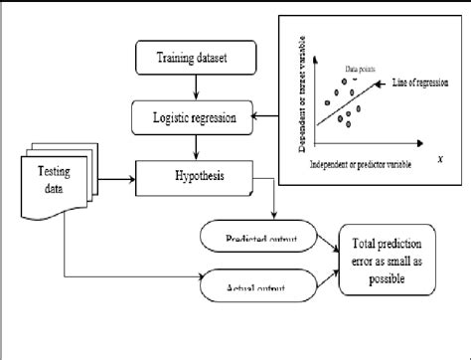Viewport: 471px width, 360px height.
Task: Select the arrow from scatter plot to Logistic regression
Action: click(x=266, y=118)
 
